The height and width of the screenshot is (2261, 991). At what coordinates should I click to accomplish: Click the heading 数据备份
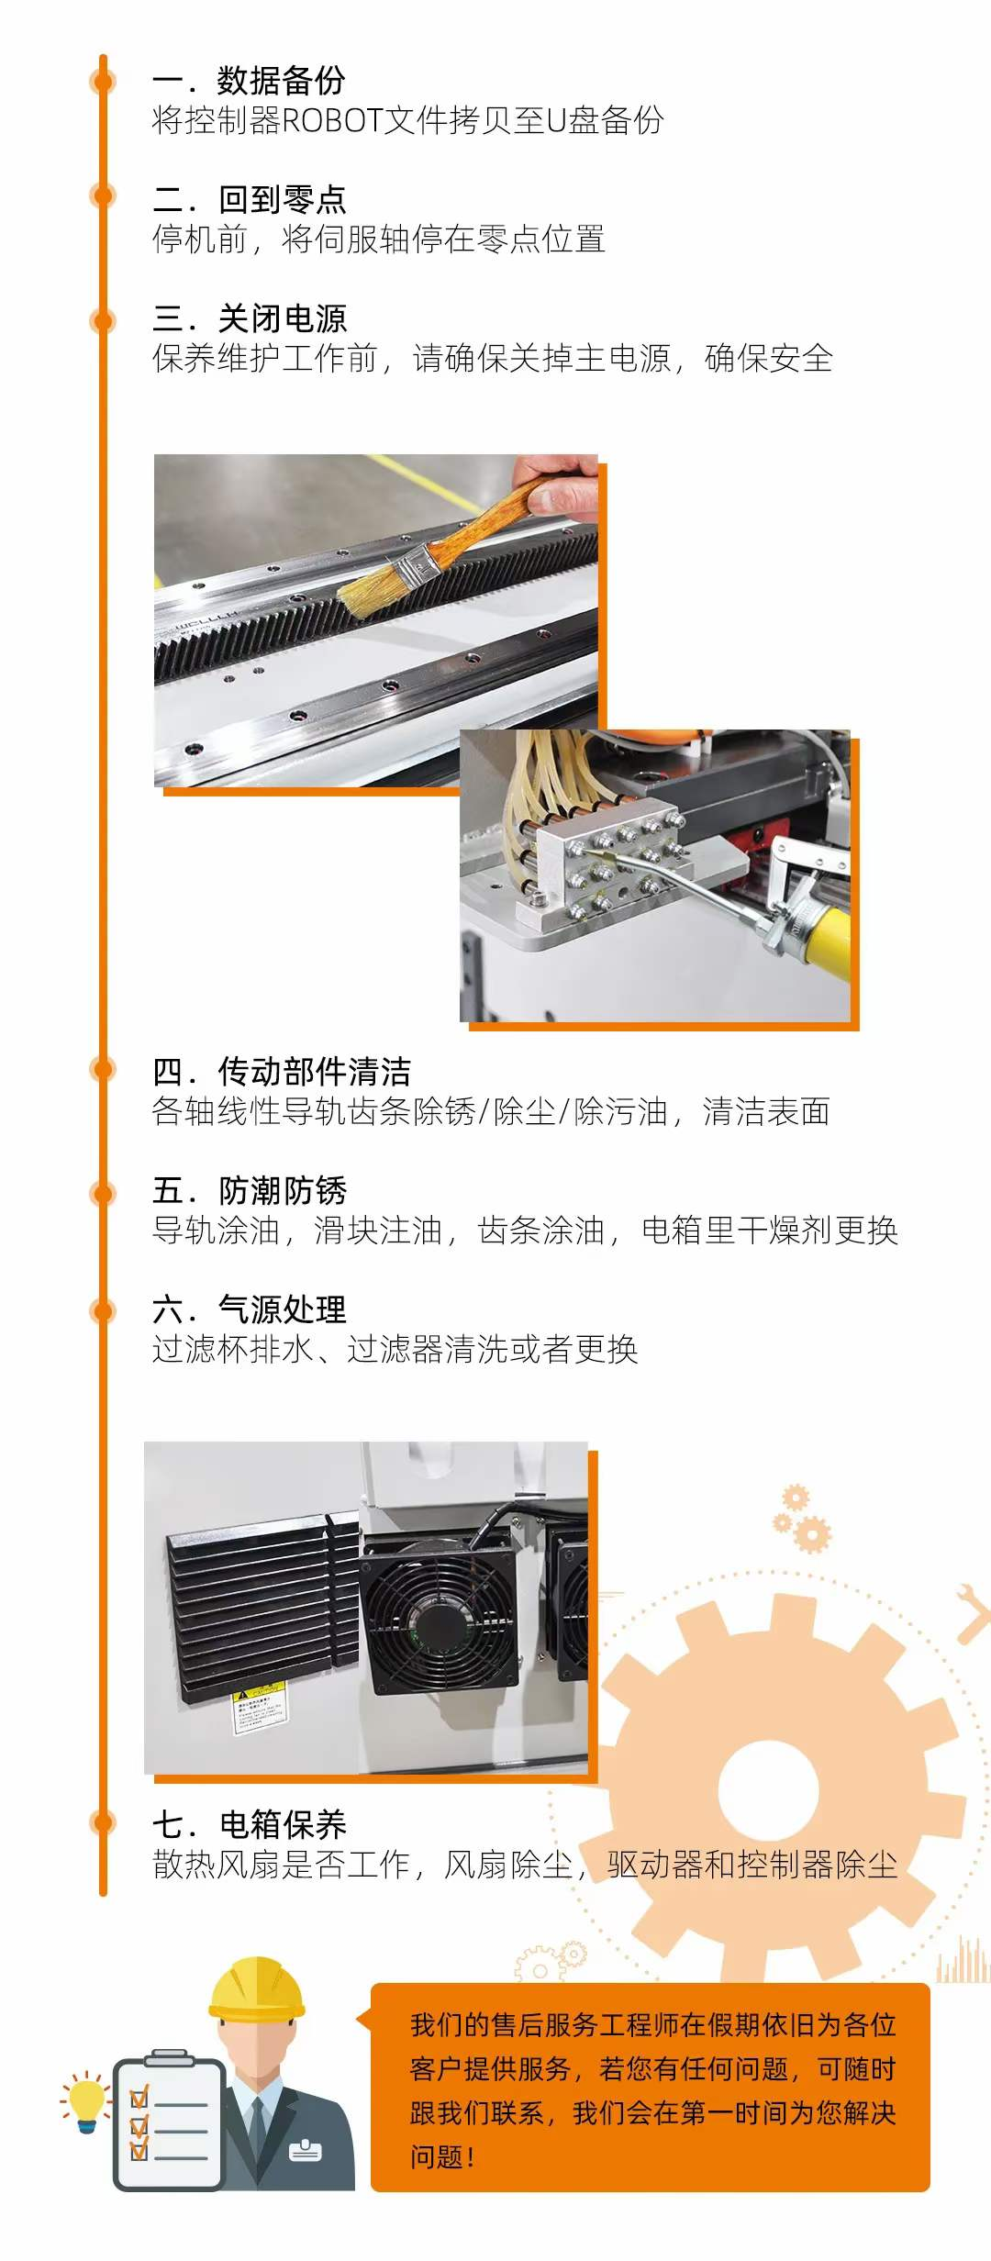[281, 81]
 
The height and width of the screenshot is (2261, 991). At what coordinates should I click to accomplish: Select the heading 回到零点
[282, 199]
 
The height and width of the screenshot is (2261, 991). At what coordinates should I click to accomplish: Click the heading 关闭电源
[282, 318]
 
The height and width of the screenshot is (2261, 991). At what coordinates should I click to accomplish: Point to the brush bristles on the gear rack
[376, 584]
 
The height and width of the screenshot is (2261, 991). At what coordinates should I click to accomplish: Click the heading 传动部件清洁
[314, 1071]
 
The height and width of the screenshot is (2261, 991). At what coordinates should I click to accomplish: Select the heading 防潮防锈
[282, 1190]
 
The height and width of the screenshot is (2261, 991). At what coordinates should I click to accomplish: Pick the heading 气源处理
[282, 1309]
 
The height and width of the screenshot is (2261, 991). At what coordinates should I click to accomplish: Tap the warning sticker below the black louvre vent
[259, 1707]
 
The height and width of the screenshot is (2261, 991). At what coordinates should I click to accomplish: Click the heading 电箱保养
[282, 1823]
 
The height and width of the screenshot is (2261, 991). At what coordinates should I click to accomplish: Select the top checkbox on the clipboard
[139, 2097]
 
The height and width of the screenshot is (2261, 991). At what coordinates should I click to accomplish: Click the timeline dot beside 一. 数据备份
[103, 81]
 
